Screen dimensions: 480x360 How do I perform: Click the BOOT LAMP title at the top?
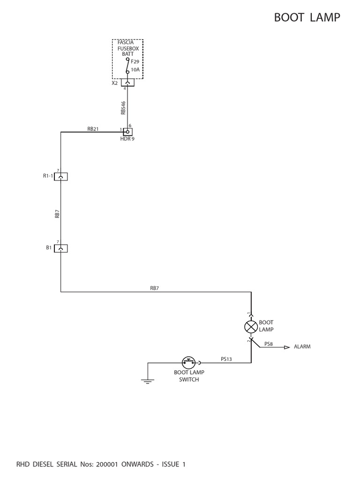click(x=307, y=17)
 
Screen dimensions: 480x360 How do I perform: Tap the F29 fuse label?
click(x=135, y=61)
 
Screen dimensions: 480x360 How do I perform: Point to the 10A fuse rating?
click(x=135, y=69)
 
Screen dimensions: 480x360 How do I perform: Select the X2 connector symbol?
click(x=127, y=82)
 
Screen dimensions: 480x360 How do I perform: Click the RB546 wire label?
click(x=123, y=108)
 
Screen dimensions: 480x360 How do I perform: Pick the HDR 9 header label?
click(x=127, y=139)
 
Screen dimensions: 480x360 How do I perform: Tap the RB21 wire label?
click(x=93, y=129)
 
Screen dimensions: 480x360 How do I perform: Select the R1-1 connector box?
click(x=61, y=176)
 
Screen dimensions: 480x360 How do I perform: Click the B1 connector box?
click(x=61, y=248)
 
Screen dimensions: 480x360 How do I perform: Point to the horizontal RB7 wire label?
click(x=154, y=288)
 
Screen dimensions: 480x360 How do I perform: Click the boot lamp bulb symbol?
click(x=251, y=326)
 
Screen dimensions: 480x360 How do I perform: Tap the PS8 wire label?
click(x=269, y=344)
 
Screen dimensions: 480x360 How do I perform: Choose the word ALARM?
click(x=302, y=347)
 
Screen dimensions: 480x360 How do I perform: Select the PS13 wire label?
click(x=226, y=359)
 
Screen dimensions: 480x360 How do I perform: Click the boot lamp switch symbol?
click(x=188, y=362)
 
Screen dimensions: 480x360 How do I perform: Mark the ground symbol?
click(x=148, y=381)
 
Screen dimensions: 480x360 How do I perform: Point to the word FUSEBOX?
click(x=128, y=48)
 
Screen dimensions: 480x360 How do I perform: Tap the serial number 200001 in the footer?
click(x=110, y=465)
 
